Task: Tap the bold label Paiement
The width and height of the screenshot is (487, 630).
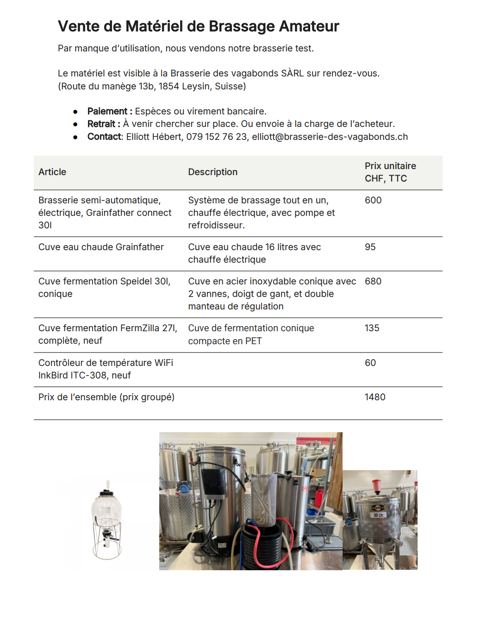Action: point(107,111)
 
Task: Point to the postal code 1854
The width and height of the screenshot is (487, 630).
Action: point(169,86)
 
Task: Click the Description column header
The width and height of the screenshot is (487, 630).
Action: point(212,172)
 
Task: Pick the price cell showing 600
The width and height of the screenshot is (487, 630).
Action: point(373,200)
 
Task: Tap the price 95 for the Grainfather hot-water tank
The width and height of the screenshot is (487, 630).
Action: point(370,247)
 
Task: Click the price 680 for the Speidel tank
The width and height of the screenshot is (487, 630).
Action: point(373,281)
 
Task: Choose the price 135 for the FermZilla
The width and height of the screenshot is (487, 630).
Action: point(372,328)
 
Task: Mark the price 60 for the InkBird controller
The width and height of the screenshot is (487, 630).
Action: point(370,363)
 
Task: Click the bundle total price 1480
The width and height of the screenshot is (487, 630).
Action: point(375,397)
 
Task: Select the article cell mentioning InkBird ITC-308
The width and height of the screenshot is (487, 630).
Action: point(106,369)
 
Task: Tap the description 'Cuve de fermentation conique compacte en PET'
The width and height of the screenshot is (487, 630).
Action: point(251,334)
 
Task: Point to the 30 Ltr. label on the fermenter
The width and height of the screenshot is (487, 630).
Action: point(378,515)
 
